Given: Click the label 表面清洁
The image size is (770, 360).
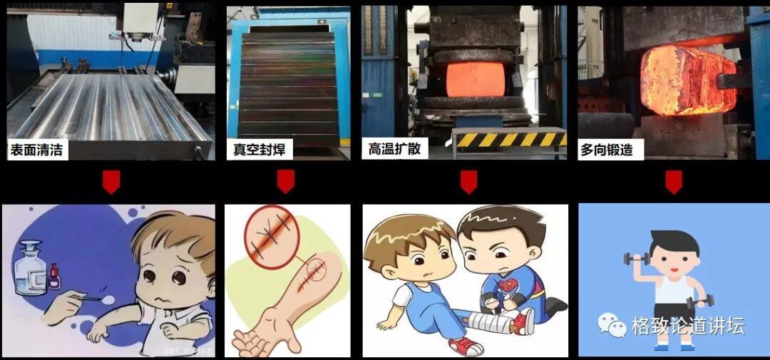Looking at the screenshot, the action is click(x=37, y=150).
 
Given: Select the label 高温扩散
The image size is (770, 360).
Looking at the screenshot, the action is click(x=395, y=148).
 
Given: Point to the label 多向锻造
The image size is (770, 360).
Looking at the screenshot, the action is click(x=607, y=150).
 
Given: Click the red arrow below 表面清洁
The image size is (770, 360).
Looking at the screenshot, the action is click(x=111, y=181).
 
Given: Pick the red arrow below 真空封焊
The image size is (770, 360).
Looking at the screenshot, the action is click(x=286, y=181).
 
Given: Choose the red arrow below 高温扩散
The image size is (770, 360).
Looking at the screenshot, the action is click(x=468, y=181).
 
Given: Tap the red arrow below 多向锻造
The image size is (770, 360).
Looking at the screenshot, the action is click(x=674, y=181).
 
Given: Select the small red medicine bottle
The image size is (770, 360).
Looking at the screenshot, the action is click(x=54, y=276).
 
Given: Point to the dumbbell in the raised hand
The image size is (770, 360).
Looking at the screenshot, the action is click(x=637, y=257).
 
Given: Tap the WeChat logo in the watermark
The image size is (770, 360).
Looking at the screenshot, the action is click(x=612, y=325).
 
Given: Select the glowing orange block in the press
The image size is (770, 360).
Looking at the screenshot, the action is click(x=476, y=79).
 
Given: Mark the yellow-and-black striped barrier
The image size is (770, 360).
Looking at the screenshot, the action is click(x=509, y=140).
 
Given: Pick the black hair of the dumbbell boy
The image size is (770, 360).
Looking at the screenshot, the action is click(x=674, y=241).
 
